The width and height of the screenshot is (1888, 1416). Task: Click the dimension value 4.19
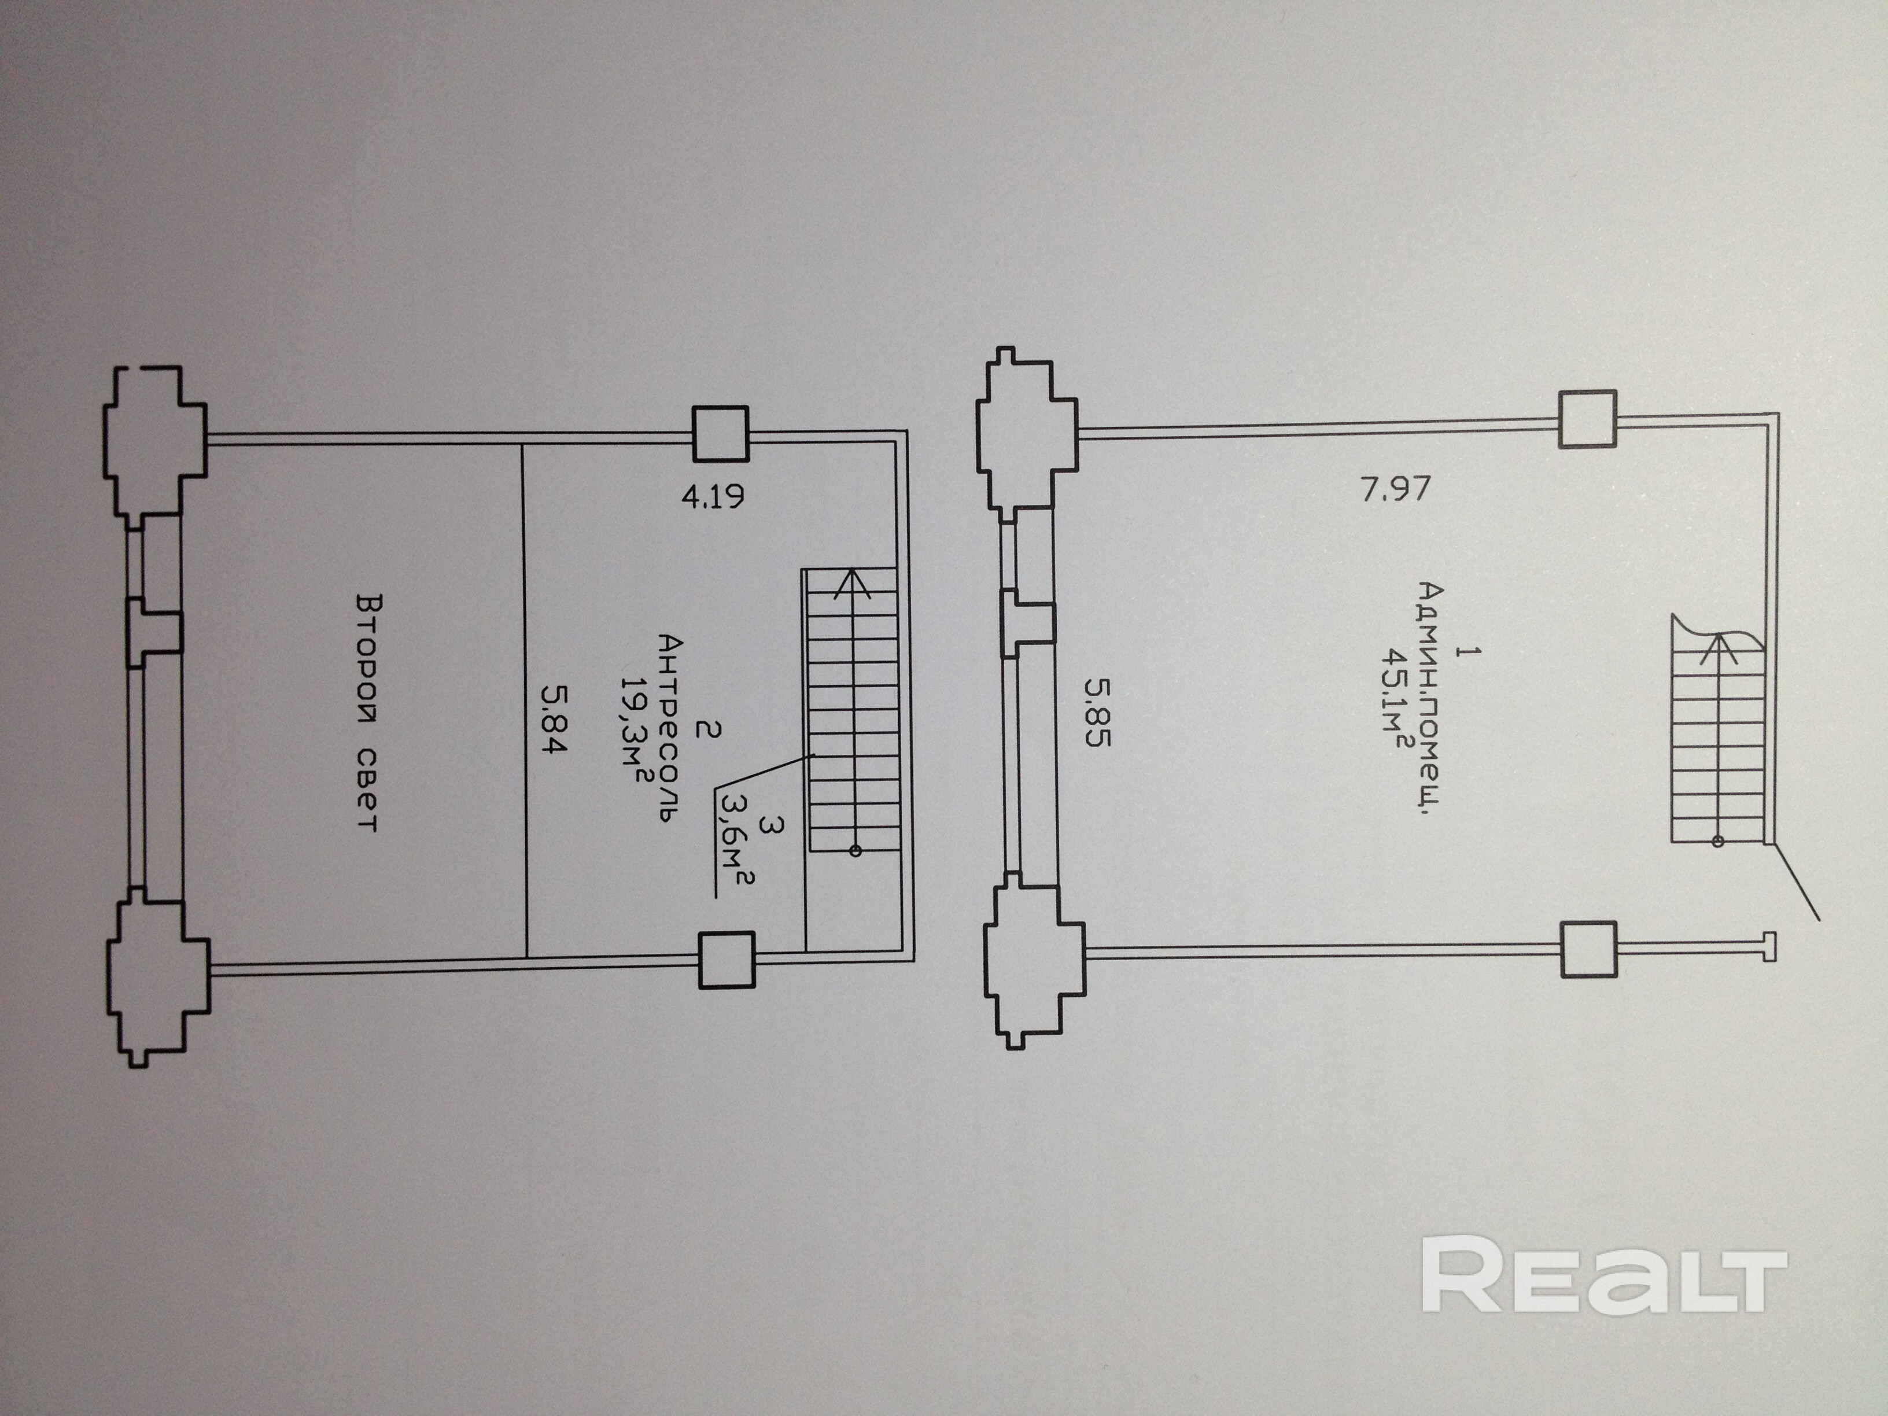coord(713,496)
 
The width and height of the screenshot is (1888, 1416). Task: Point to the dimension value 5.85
coord(1098,712)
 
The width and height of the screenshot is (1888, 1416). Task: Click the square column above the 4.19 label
coord(720,434)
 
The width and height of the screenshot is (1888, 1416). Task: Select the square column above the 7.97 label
coord(1588,419)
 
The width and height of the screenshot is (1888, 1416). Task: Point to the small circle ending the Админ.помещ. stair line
coord(1718,842)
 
